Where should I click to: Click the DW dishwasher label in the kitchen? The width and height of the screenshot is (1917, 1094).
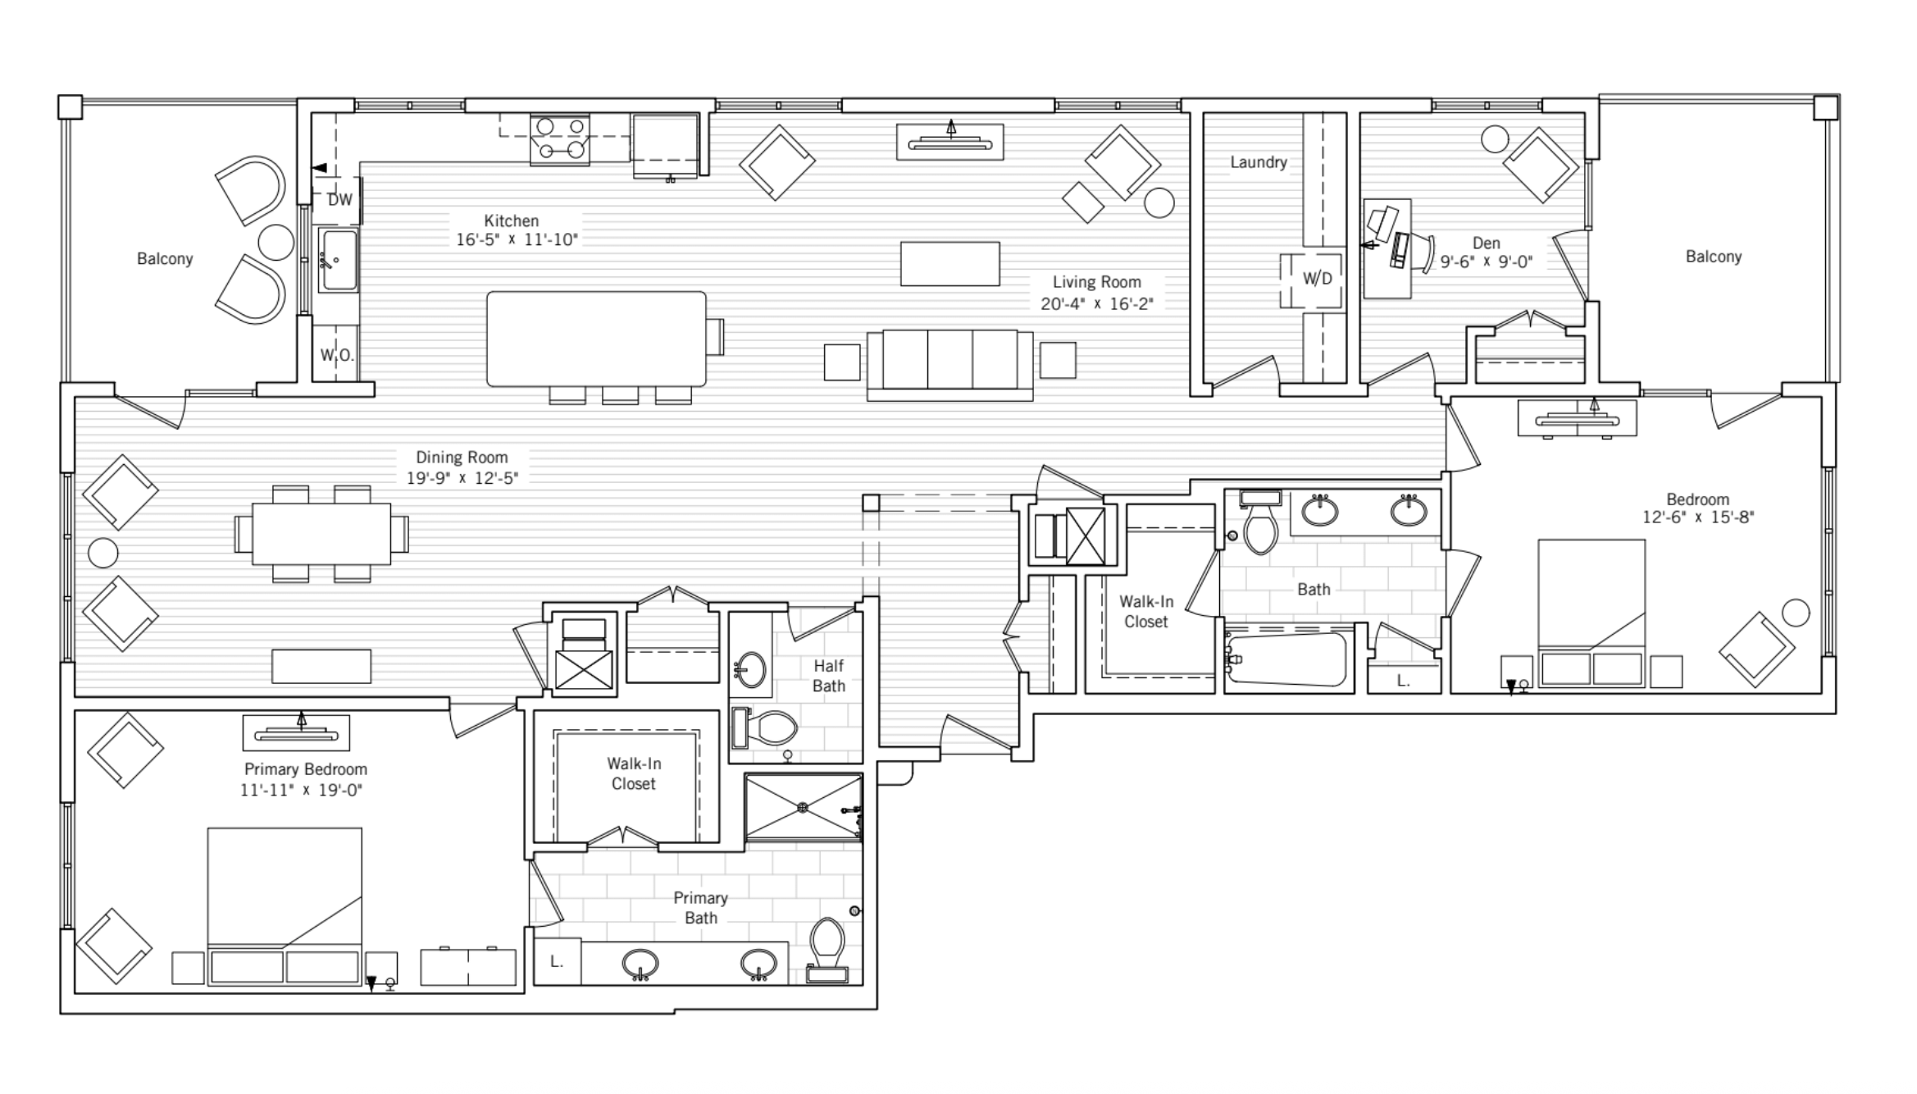pyautogui.click(x=339, y=199)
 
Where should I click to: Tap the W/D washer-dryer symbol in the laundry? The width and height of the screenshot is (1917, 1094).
pyautogui.click(x=1317, y=279)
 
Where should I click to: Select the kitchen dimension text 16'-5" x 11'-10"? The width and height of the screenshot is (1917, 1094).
pyautogui.click(x=517, y=240)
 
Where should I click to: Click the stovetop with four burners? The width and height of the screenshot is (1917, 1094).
pyautogui.click(x=560, y=139)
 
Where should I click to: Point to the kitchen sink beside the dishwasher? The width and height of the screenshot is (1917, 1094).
pyautogui.click(x=338, y=260)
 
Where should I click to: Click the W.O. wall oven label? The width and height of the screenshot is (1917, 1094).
pyautogui.click(x=336, y=355)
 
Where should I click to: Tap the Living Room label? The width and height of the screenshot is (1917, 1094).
pyautogui.click(x=1096, y=282)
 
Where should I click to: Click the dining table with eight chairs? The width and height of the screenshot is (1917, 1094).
pyautogui.click(x=321, y=533)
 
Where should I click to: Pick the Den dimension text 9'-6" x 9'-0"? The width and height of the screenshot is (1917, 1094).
pyautogui.click(x=1486, y=262)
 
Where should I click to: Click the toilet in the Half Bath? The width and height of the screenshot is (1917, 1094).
pyautogui.click(x=766, y=727)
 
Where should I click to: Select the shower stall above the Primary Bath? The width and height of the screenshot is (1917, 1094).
pyautogui.click(x=803, y=808)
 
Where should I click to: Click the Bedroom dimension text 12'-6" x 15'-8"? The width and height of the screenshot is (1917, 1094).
pyautogui.click(x=1697, y=517)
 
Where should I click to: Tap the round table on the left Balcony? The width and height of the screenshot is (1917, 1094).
pyautogui.click(x=275, y=242)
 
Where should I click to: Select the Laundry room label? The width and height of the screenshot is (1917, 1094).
pyautogui.click(x=1258, y=162)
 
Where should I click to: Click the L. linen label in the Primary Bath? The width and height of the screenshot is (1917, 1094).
pyautogui.click(x=557, y=962)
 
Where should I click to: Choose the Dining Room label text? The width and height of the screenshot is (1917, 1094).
pyautogui.click(x=461, y=458)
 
